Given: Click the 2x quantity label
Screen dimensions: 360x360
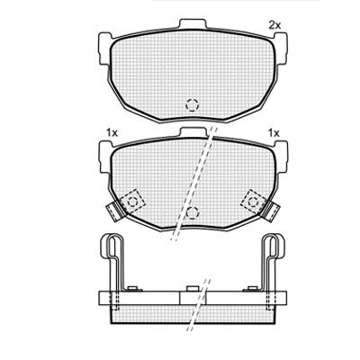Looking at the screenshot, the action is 274,26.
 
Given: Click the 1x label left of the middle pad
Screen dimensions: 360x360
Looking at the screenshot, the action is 112,132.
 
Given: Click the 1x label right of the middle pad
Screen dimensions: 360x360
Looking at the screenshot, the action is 274,132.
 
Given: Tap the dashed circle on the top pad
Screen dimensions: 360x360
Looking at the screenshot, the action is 192,105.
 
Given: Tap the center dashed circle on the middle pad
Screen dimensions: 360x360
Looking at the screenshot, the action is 192,212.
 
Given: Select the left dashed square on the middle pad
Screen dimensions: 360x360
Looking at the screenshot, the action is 132,202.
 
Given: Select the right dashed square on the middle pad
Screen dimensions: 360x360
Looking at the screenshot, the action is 253,202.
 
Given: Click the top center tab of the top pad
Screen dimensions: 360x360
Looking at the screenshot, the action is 193,23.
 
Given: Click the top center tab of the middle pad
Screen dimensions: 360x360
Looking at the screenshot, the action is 193,132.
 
